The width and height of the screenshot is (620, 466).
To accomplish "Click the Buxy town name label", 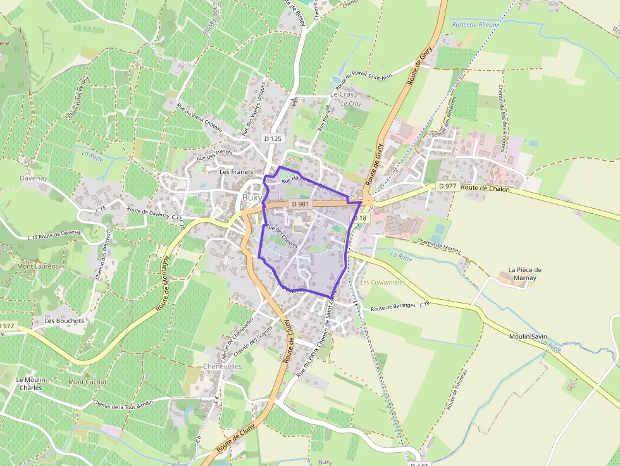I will [252, 197].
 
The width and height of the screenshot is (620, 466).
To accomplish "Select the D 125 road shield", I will [273, 138].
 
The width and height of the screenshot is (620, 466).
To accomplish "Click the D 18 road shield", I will [359, 218].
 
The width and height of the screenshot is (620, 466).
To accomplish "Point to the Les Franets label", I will [236, 171].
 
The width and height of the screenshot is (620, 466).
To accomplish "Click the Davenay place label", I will [16, 178].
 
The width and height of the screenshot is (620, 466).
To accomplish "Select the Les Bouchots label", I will [64, 321].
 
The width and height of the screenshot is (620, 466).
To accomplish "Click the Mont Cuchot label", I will [87, 382].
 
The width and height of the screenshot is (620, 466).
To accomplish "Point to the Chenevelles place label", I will [223, 366].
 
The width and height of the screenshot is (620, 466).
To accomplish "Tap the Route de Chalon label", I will [485, 188].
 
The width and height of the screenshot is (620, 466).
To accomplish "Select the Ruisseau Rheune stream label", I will [476, 24].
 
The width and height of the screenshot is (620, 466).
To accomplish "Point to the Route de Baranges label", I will [395, 307].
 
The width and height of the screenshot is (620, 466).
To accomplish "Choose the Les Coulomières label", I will [383, 282].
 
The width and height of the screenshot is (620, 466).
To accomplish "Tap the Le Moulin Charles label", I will [30, 383].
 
